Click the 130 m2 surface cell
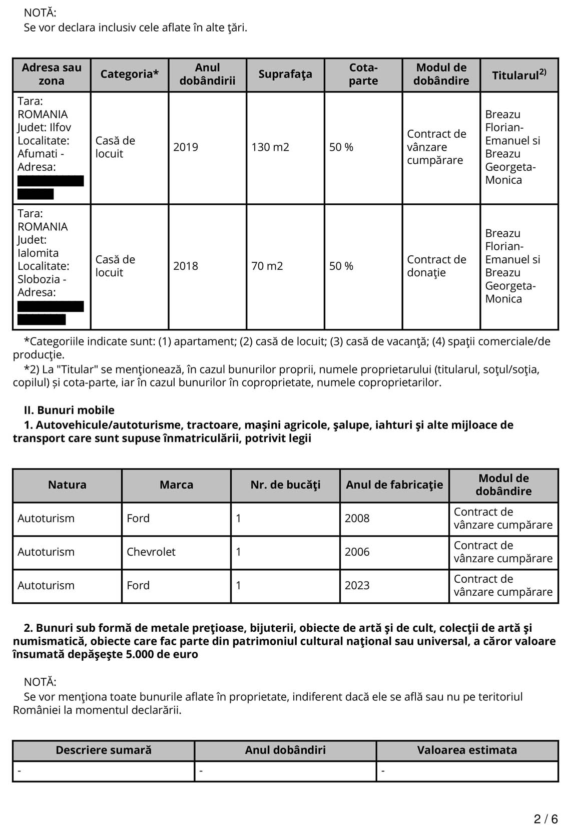point(270,147)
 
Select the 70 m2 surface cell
point(267,266)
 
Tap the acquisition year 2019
point(186,147)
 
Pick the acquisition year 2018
point(186,266)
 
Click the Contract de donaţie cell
point(436,266)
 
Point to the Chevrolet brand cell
point(151,552)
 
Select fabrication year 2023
point(357,585)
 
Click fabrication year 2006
point(357,552)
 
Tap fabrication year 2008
point(357,518)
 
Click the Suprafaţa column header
point(285,74)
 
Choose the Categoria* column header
point(130,74)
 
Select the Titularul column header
point(519,75)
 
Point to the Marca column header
point(176,485)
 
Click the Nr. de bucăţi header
point(285,485)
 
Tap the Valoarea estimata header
point(467,750)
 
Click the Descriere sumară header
point(104,750)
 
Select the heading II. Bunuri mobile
point(69,410)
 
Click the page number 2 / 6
point(545,819)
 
